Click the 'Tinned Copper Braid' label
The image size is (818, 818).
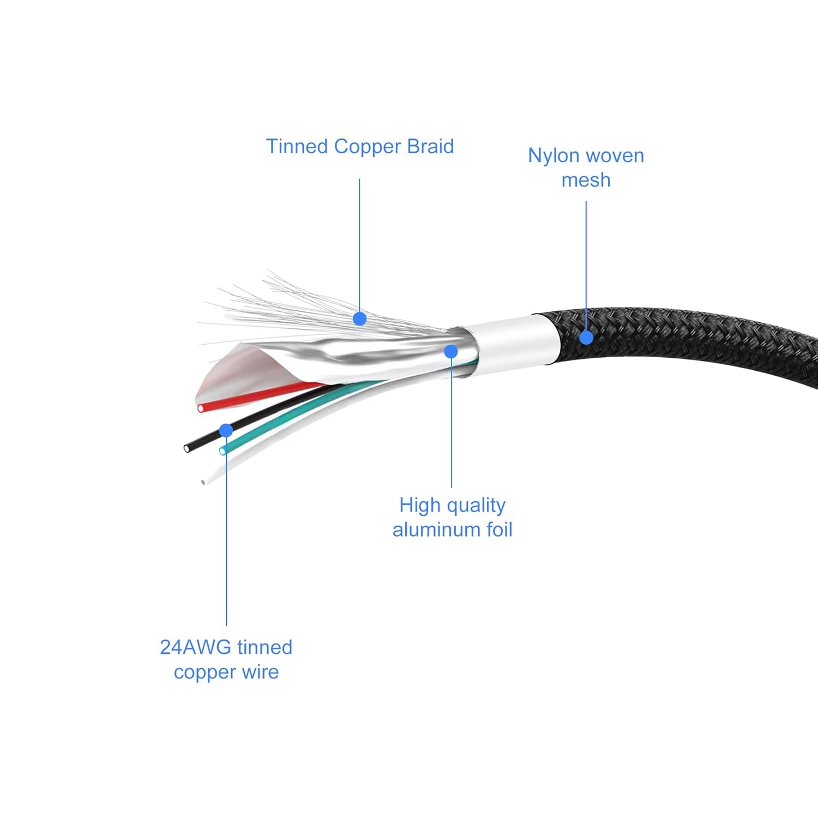coord(359,147)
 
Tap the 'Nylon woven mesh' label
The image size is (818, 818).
coord(586,167)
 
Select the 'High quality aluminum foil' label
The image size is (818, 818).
coord(452,517)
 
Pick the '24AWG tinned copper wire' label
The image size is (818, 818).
coord(226,659)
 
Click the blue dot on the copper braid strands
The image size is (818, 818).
coord(359,318)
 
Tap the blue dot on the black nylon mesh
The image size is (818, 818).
coord(586,337)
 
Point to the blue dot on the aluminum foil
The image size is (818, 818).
coord(451,351)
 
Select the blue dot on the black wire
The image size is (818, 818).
coord(226,430)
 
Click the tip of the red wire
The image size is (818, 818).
coord(201,408)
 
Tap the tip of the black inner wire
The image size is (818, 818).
coord(188,448)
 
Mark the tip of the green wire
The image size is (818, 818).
coord(222,451)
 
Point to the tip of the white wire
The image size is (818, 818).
coord(203,482)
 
